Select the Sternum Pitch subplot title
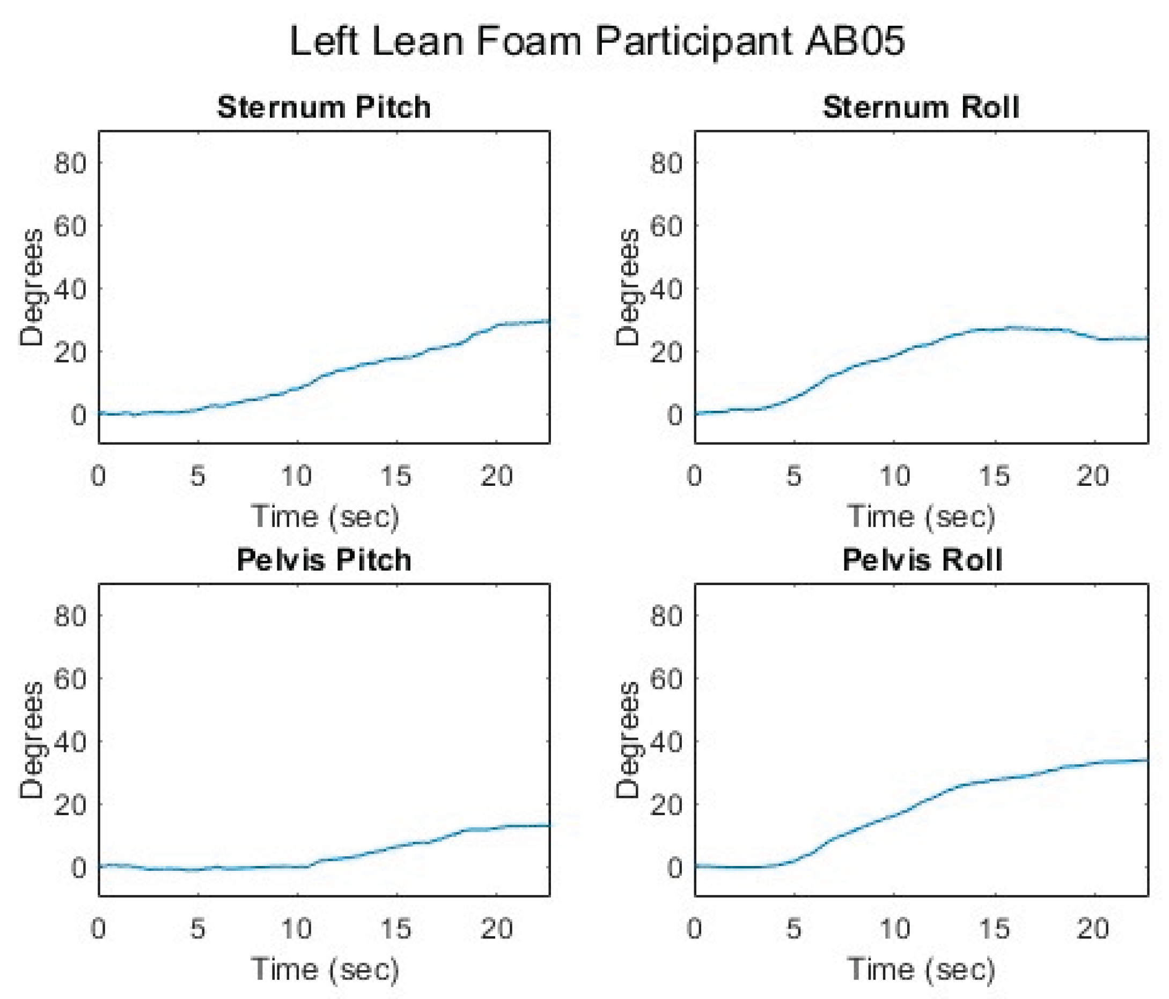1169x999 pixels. [x=324, y=107]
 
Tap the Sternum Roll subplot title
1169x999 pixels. [x=921, y=107]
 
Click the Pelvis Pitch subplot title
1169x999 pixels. [x=324, y=560]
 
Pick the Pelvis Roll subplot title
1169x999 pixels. [x=922, y=560]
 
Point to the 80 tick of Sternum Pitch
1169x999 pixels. [x=70, y=164]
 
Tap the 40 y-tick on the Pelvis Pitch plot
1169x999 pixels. [x=70, y=743]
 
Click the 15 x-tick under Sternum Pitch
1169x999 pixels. [x=395, y=476]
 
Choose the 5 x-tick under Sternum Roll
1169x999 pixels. [x=794, y=476]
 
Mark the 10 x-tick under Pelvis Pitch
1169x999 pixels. [x=297, y=929]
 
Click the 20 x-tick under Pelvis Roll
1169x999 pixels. [x=1093, y=929]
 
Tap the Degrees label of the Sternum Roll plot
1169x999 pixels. [x=627, y=287]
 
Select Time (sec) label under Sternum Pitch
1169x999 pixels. [x=325, y=517]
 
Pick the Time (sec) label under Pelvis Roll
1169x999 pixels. [x=921, y=969]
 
